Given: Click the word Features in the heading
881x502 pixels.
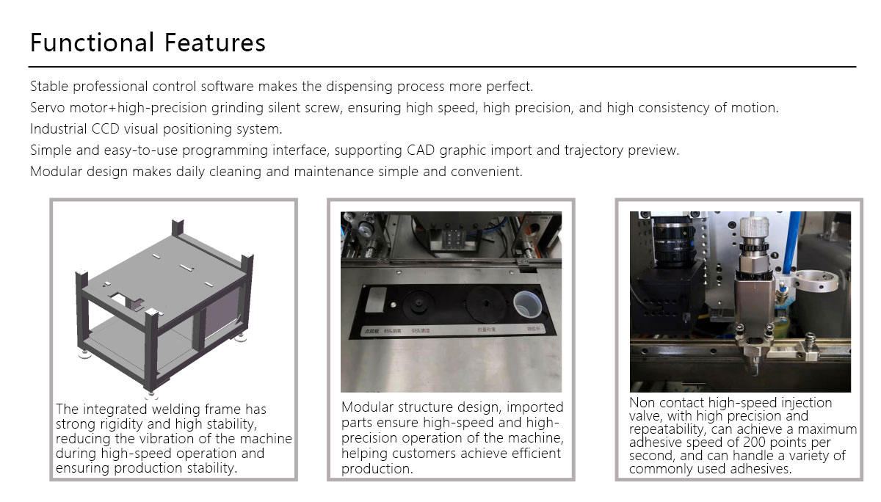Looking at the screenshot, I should (x=215, y=43).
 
